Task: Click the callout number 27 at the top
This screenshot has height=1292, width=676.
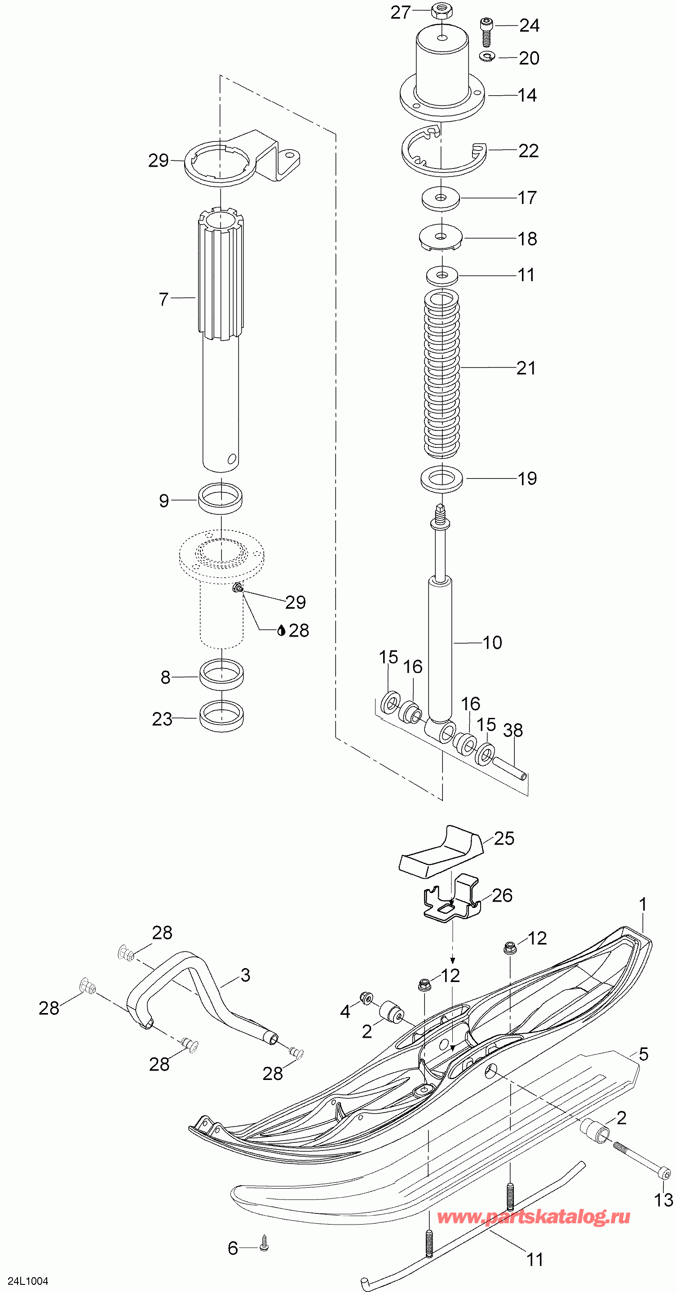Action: click(x=400, y=13)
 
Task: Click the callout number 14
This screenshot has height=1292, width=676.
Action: click(x=527, y=95)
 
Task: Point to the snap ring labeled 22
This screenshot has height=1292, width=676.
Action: click(x=441, y=153)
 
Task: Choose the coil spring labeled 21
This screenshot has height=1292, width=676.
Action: click(x=441, y=374)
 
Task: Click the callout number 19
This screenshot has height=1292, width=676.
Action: click(x=527, y=478)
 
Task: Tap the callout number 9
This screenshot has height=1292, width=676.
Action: click(x=164, y=500)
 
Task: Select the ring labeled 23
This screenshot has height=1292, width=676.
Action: click(x=221, y=716)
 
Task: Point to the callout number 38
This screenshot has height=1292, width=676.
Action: click(x=513, y=730)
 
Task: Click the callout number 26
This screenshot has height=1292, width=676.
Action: click(x=502, y=895)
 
